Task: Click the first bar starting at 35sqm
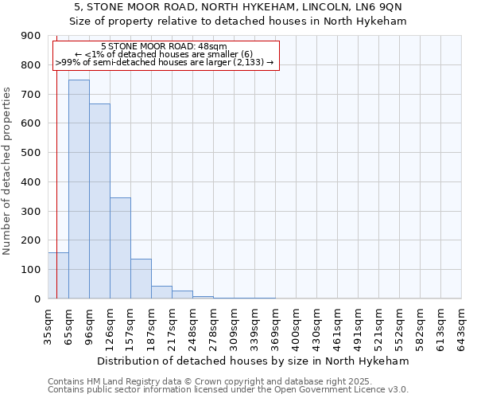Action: (x=58, y=275)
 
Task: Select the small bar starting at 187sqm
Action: (x=161, y=292)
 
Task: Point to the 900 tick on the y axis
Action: (x=31, y=36)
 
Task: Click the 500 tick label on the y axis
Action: (x=31, y=153)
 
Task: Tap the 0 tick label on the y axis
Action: (x=37, y=298)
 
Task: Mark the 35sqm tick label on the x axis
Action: (x=48, y=326)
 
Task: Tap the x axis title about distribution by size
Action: (x=254, y=361)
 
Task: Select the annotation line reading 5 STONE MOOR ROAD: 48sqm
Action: (x=165, y=47)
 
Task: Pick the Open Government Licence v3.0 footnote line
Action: (x=228, y=390)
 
